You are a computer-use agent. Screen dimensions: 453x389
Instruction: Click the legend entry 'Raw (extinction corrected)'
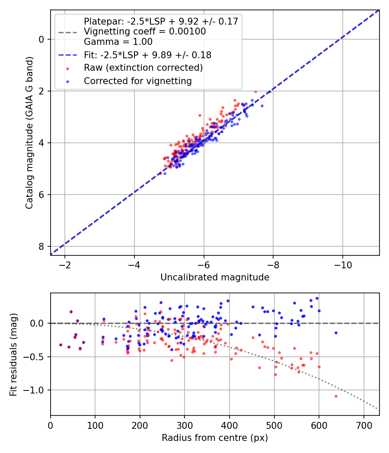click(143, 68)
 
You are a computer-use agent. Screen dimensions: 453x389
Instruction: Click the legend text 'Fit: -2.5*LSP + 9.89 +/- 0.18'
click(147, 55)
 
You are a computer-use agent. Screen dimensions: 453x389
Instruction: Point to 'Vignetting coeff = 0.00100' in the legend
click(145, 31)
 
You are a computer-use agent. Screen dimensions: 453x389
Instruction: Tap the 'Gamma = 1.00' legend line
click(118, 42)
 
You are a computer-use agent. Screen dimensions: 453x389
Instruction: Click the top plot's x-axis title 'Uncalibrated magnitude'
click(215, 277)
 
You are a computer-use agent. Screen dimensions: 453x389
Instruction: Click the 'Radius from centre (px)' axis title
click(215, 438)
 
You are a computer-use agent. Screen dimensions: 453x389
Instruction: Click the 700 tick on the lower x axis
click(363, 425)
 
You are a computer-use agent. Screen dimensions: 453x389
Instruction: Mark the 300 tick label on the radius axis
click(185, 425)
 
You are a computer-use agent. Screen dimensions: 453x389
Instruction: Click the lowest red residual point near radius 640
click(336, 396)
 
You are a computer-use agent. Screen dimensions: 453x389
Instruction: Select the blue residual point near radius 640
click(336, 333)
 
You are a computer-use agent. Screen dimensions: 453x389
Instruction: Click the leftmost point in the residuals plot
click(61, 345)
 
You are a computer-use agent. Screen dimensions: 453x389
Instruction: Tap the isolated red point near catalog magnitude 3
click(200, 115)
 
